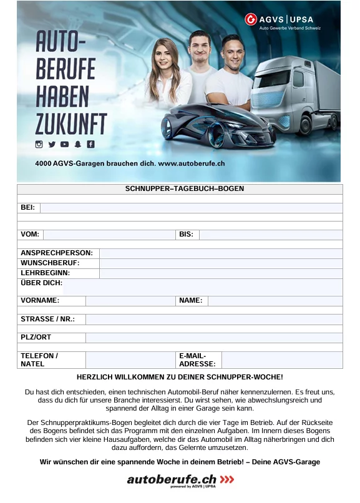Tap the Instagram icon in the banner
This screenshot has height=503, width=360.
[39, 144]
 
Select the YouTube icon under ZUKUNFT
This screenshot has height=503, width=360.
[65, 144]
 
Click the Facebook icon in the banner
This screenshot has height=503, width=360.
[90, 144]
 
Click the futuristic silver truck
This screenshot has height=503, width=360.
[293, 94]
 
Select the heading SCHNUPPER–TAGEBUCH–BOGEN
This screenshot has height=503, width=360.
[180, 188]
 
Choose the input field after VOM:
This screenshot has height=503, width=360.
[109, 235]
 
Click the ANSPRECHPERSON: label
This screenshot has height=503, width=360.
[57, 253]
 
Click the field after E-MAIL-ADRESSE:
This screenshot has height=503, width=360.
[281, 360]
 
